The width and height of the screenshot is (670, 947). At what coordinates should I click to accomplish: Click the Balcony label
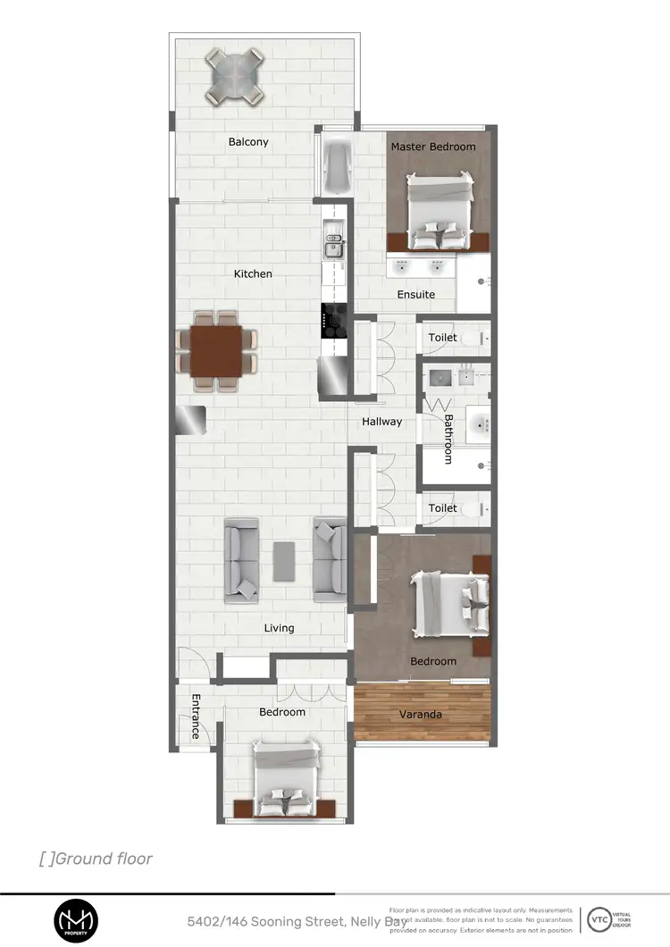click(248, 142)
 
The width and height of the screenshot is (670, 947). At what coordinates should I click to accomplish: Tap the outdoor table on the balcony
click(236, 75)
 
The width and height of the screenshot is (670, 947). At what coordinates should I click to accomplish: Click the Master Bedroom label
click(433, 147)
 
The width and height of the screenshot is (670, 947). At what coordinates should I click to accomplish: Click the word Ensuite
click(416, 295)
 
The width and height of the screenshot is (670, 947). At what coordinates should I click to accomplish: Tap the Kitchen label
click(253, 273)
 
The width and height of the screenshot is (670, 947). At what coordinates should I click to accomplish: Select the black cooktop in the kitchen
click(334, 322)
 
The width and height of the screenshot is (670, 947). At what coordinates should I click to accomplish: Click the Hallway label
click(381, 422)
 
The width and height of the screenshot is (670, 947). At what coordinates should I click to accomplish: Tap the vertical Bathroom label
click(448, 439)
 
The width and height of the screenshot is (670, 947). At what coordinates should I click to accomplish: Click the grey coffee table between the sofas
click(284, 561)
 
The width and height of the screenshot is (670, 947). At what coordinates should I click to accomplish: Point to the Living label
click(279, 628)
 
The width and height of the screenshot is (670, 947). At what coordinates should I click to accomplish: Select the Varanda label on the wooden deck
click(420, 715)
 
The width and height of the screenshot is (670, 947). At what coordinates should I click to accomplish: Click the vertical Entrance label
click(195, 717)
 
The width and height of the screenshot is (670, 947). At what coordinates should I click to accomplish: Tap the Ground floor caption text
click(96, 859)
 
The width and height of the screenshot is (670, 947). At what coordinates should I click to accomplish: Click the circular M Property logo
click(76, 920)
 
